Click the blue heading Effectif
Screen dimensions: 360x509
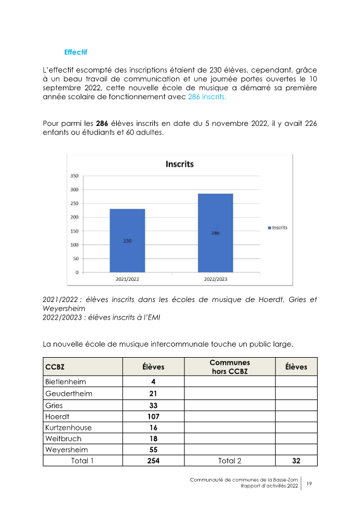[x=76, y=51]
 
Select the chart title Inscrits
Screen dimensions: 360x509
[x=180, y=163]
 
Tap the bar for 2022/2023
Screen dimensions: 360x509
[x=215, y=232]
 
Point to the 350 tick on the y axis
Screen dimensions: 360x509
[x=74, y=176]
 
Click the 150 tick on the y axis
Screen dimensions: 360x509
[x=74, y=231]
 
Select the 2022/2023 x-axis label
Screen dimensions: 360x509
[x=215, y=280]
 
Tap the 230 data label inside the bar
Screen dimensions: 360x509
[x=127, y=241]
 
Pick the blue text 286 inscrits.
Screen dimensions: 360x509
[x=206, y=97]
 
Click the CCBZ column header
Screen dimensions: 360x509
[x=56, y=367]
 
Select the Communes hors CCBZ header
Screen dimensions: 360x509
[x=230, y=367]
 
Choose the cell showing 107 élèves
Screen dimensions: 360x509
[x=153, y=416]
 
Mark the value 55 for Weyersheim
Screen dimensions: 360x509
[x=153, y=450]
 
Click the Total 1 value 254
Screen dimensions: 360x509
[x=153, y=461]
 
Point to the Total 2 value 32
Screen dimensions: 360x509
[x=296, y=461]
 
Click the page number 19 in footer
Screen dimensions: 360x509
[x=309, y=484]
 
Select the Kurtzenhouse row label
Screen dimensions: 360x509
[x=68, y=427]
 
